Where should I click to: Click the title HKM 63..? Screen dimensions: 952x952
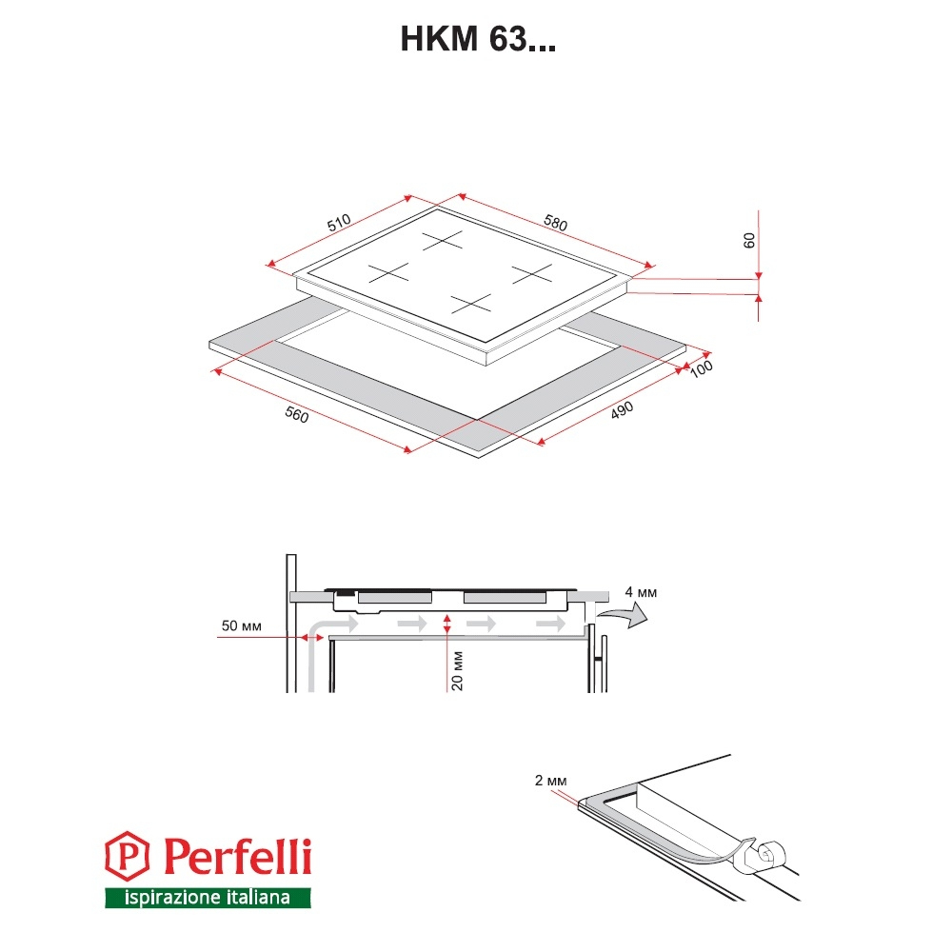(478, 39)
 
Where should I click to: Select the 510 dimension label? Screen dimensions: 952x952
(339, 222)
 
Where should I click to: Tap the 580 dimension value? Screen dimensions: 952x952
(556, 223)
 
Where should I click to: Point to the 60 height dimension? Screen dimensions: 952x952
(749, 241)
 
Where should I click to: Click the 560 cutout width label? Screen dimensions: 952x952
(297, 415)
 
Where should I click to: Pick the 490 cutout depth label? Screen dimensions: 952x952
(622, 410)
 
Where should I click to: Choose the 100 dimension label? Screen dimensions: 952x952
(702, 368)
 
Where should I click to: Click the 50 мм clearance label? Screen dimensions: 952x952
(241, 626)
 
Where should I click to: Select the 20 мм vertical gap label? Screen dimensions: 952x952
(458, 671)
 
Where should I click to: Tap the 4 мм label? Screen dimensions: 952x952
(641, 592)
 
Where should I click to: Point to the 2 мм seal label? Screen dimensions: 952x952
(550, 781)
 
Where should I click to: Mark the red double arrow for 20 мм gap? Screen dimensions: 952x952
(447, 625)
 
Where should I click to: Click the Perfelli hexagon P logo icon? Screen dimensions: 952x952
(127, 856)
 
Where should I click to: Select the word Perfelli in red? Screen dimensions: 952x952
(238, 856)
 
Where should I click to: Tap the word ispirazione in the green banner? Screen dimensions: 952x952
(169, 898)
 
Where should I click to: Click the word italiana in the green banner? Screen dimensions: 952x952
(254, 897)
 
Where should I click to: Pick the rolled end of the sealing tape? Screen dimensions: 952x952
(771, 854)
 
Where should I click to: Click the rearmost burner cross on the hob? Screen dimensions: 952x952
(443, 240)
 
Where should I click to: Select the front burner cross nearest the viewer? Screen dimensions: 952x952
(471, 304)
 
